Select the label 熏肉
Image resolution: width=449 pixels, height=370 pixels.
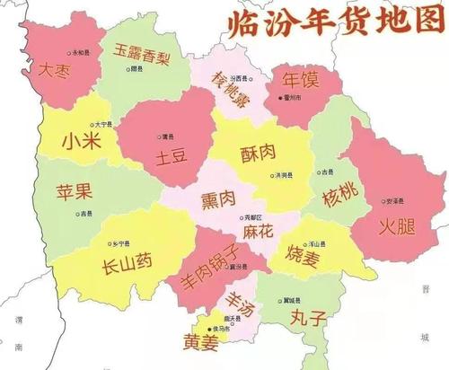(x=217, y=197)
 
